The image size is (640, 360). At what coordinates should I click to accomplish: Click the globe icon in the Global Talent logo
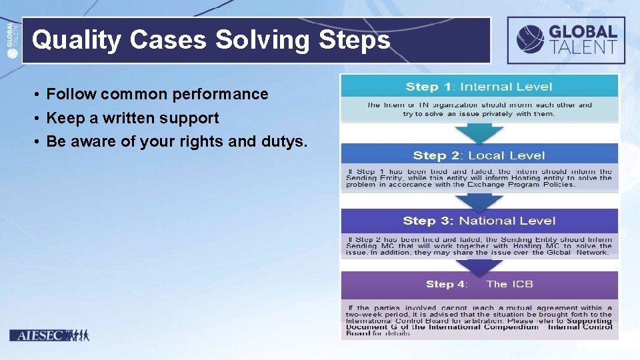pos(530,39)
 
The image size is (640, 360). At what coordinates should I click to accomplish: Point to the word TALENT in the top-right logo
pos(583,47)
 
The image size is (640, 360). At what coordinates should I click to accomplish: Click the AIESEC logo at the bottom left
pos(49,335)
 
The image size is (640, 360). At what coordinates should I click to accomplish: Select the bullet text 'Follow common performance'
pos(157,94)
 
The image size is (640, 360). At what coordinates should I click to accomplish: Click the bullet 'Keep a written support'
pos(133,118)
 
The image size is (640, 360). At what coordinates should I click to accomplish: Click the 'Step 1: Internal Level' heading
pos(479,87)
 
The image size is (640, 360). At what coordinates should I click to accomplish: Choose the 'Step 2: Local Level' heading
pos(479,155)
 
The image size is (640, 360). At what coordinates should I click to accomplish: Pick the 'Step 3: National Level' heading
pos(479,221)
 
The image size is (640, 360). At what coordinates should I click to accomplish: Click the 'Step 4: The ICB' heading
pos(479,284)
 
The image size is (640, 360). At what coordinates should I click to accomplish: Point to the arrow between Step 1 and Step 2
pos(479,133)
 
